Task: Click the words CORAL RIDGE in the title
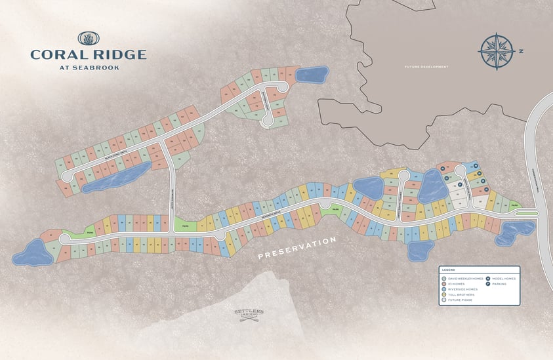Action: point(88,54)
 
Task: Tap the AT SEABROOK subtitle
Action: point(88,67)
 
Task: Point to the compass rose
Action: point(496,50)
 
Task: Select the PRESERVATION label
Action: point(297,247)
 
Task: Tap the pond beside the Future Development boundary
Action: point(312,74)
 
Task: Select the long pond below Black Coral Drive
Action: point(116,178)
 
